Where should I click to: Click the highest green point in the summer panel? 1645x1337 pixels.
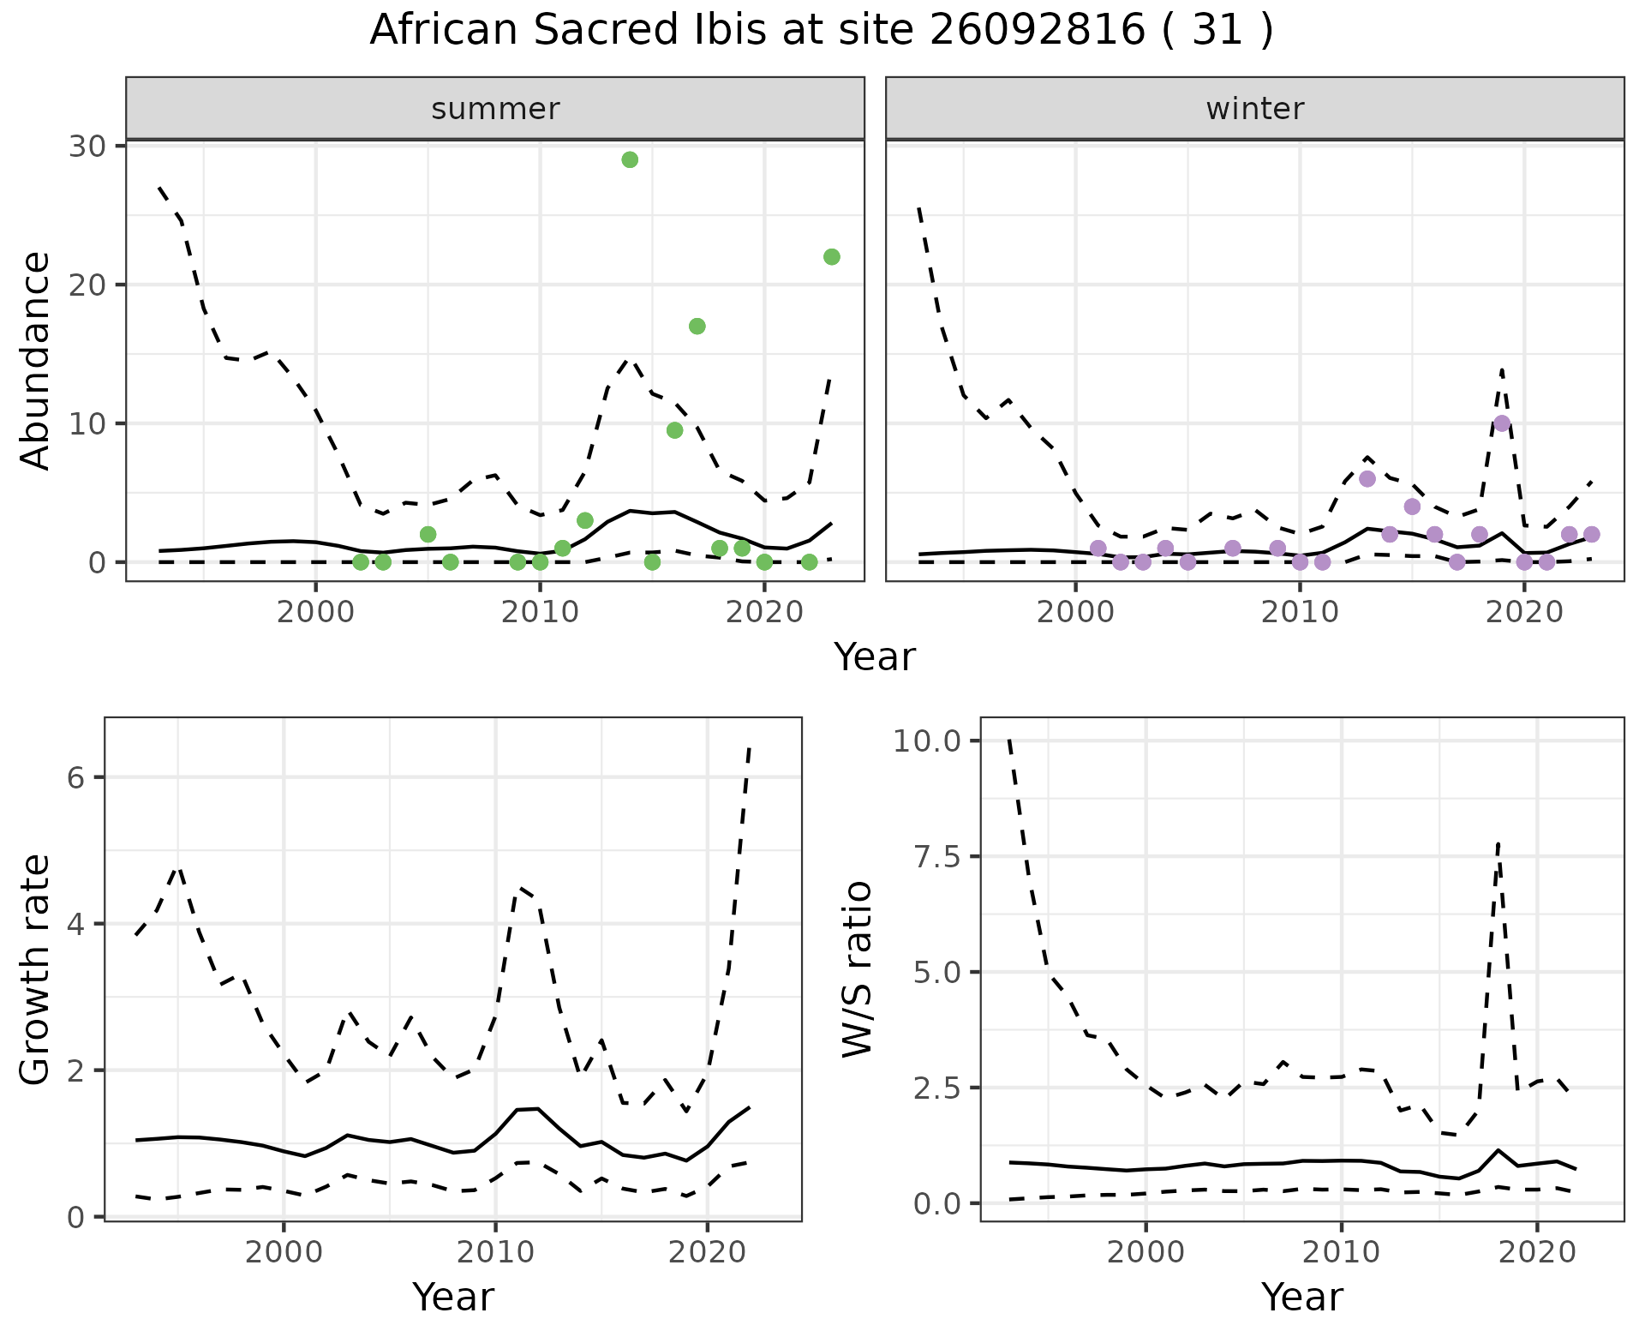pos(630,160)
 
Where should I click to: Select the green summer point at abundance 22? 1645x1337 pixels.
pos(831,257)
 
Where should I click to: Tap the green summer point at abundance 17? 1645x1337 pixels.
pos(697,327)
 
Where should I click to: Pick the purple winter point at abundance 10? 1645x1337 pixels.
pos(1502,423)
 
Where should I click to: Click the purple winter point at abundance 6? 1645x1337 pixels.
pos(1367,479)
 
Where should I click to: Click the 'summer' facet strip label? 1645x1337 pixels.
pos(495,109)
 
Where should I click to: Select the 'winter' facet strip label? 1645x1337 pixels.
pos(1254,109)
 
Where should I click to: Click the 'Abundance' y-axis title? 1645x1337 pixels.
pos(36,360)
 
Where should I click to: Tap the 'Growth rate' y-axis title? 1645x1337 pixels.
pos(36,970)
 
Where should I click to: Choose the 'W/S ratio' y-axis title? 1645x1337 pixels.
pos(857,968)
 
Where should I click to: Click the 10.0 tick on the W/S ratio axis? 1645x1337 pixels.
pos(928,740)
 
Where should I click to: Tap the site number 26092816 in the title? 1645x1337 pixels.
pos(1037,31)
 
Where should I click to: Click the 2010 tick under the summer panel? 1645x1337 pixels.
pos(540,613)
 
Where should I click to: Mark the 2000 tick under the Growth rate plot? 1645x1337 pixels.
pos(284,1252)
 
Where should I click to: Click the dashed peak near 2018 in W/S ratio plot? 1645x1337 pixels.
pos(1497,845)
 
